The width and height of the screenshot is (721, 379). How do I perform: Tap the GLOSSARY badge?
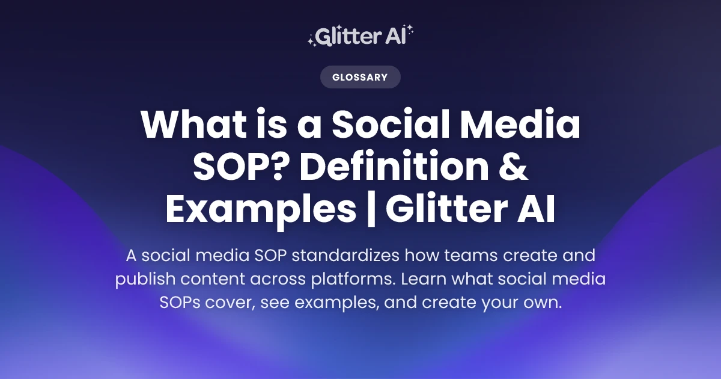pyautogui.click(x=360, y=77)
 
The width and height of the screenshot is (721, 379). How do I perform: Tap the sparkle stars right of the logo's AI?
pyautogui.click(x=410, y=33)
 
